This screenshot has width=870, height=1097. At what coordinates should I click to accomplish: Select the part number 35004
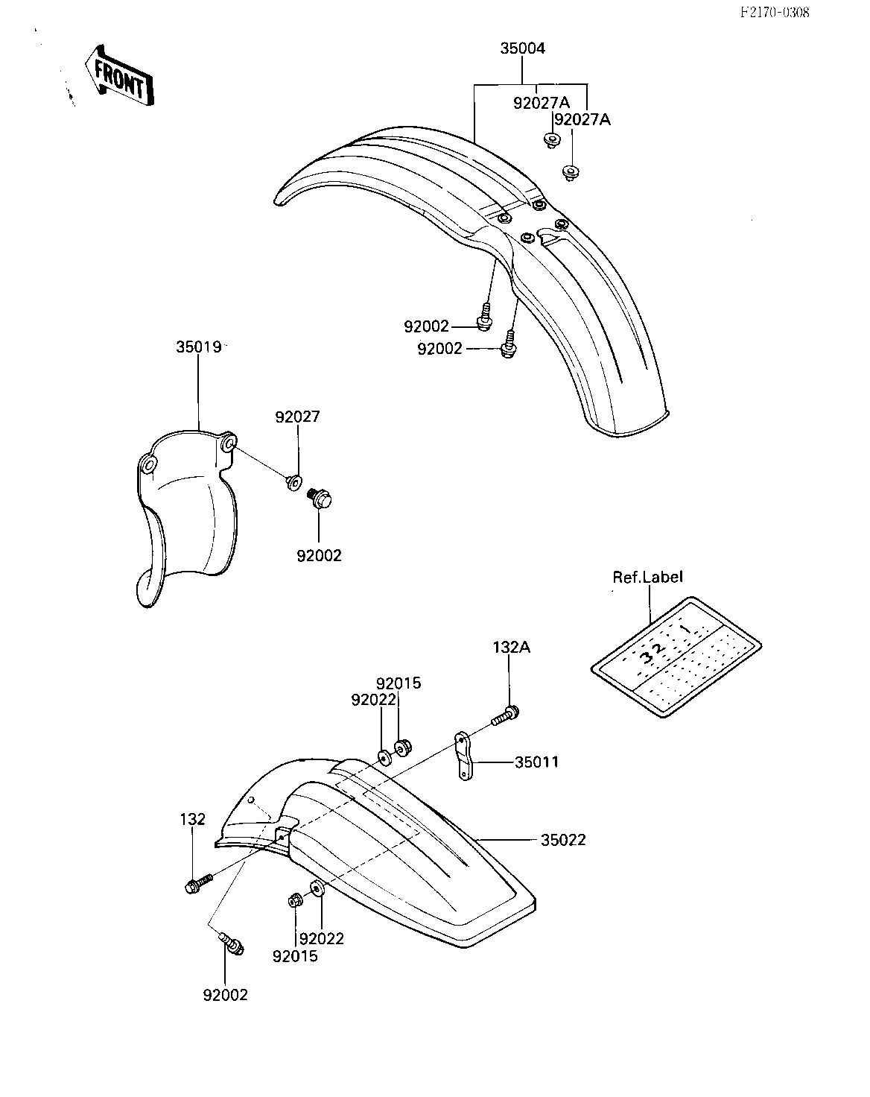522,48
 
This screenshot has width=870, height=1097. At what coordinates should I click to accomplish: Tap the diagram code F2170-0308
775,12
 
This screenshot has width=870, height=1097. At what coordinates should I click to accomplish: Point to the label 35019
199,347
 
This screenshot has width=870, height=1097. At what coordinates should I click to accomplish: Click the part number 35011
537,762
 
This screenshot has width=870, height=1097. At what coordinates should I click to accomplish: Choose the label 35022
563,840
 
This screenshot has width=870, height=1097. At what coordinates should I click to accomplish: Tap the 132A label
511,648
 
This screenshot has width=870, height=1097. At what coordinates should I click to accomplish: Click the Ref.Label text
647,577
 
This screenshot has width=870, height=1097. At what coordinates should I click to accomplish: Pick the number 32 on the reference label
652,654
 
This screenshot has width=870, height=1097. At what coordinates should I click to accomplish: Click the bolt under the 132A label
506,714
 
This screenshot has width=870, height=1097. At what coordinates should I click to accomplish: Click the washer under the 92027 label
293,481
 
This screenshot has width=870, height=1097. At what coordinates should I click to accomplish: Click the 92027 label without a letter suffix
298,417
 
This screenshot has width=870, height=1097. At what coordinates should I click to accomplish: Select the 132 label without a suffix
193,819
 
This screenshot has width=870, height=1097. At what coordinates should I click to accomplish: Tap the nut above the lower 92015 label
295,901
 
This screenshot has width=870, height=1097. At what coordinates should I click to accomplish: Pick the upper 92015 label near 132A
399,683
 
